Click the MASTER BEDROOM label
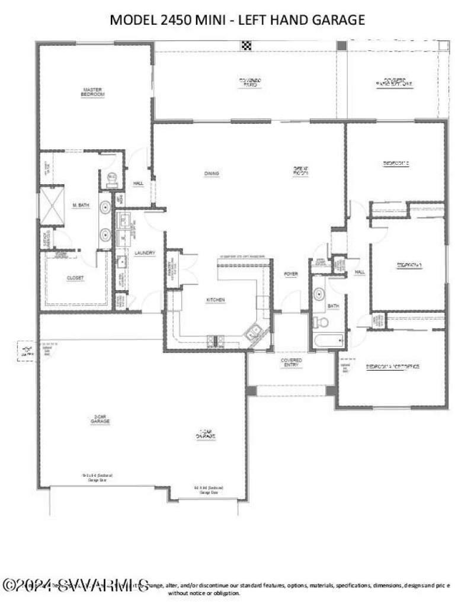point(93,92)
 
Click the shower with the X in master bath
point(51,206)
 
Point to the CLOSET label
point(75,278)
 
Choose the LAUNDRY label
point(145,253)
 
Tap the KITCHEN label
point(215,300)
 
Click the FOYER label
point(290,274)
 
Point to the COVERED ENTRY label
point(291,363)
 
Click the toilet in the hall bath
point(321,322)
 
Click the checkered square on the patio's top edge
point(246,45)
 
